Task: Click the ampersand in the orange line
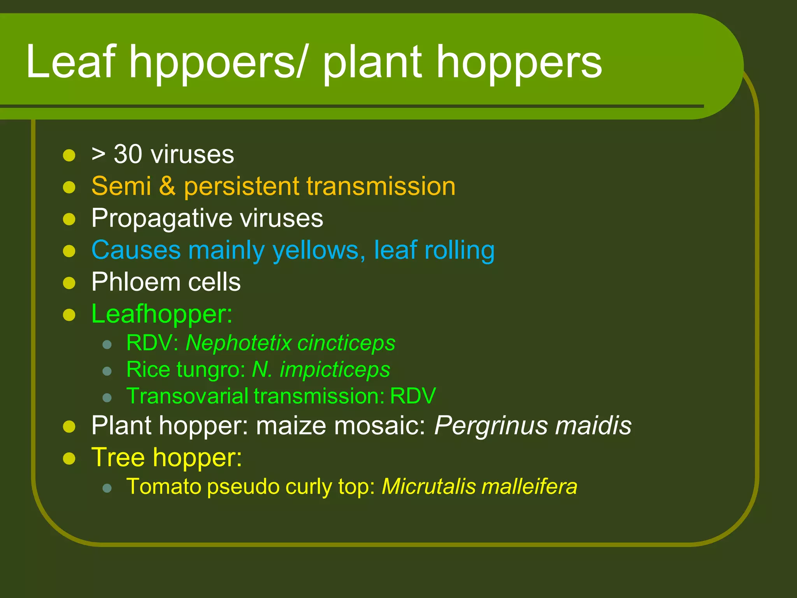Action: [x=167, y=186]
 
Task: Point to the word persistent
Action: [x=241, y=186]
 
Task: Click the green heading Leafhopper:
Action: [x=162, y=314]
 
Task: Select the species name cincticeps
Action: [x=346, y=343]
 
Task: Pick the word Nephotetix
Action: [x=239, y=343]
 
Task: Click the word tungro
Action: [x=211, y=369]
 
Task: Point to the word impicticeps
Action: [x=335, y=369]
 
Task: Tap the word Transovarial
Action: [x=187, y=396]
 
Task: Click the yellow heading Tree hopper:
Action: [x=167, y=457]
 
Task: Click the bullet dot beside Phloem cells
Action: [x=69, y=283]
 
